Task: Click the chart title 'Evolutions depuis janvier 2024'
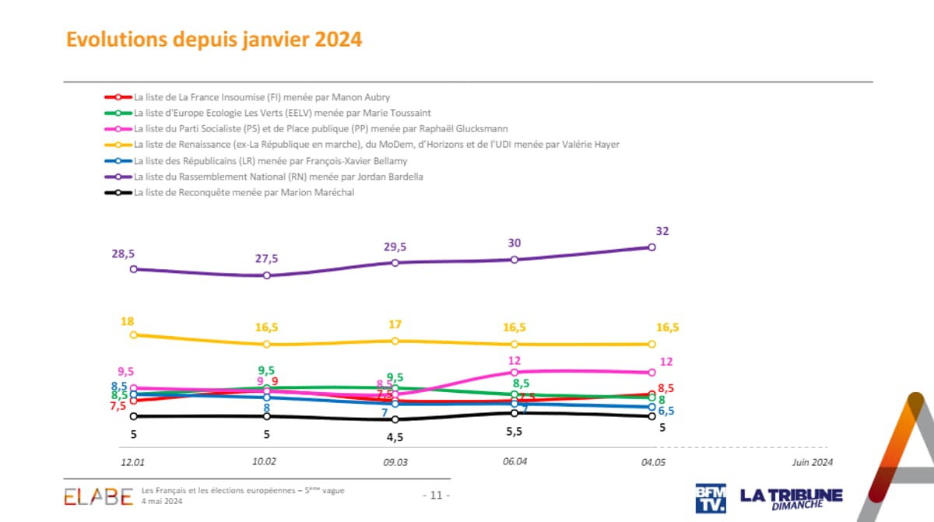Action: (214, 40)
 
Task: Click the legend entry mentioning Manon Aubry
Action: (262, 97)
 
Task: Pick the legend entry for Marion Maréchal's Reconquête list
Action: (244, 192)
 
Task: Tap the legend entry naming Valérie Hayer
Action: (377, 145)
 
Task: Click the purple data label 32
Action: (662, 231)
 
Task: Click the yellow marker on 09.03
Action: (395, 341)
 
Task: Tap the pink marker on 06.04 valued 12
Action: (514, 372)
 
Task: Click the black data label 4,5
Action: (395, 436)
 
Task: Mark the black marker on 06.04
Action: (514, 413)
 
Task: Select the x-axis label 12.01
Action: (132, 461)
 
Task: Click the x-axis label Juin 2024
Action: (812, 461)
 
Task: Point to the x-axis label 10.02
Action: (265, 461)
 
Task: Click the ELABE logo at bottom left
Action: (98, 496)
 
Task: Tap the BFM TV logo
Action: (711, 498)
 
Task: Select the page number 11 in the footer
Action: (435, 496)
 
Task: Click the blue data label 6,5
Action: (666, 411)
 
